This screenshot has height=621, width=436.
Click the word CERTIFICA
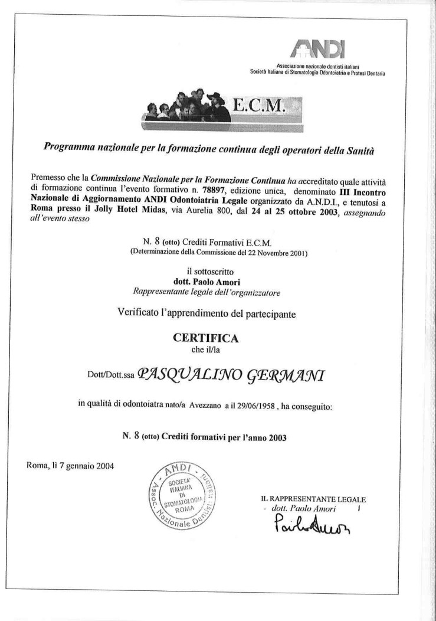click(x=206, y=338)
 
